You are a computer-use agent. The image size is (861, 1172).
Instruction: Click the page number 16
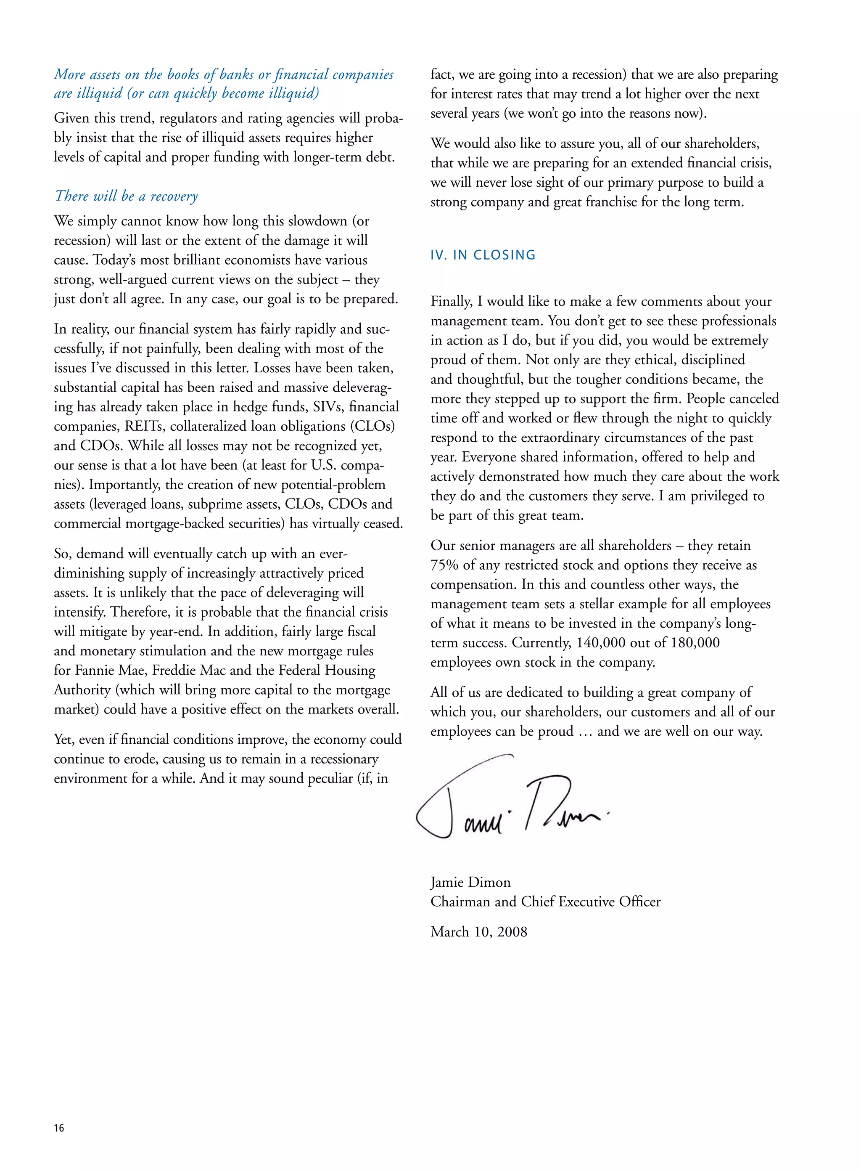(59, 1128)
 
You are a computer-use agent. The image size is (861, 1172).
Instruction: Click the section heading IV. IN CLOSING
(483, 255)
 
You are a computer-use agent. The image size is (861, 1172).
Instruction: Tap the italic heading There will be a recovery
(126, 196)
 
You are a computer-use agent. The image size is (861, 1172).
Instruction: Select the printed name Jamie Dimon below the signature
(470, 882)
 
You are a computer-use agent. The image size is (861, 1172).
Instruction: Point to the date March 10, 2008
(478, 931)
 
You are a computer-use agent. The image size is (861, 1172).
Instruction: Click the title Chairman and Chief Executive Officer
(545, 902)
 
